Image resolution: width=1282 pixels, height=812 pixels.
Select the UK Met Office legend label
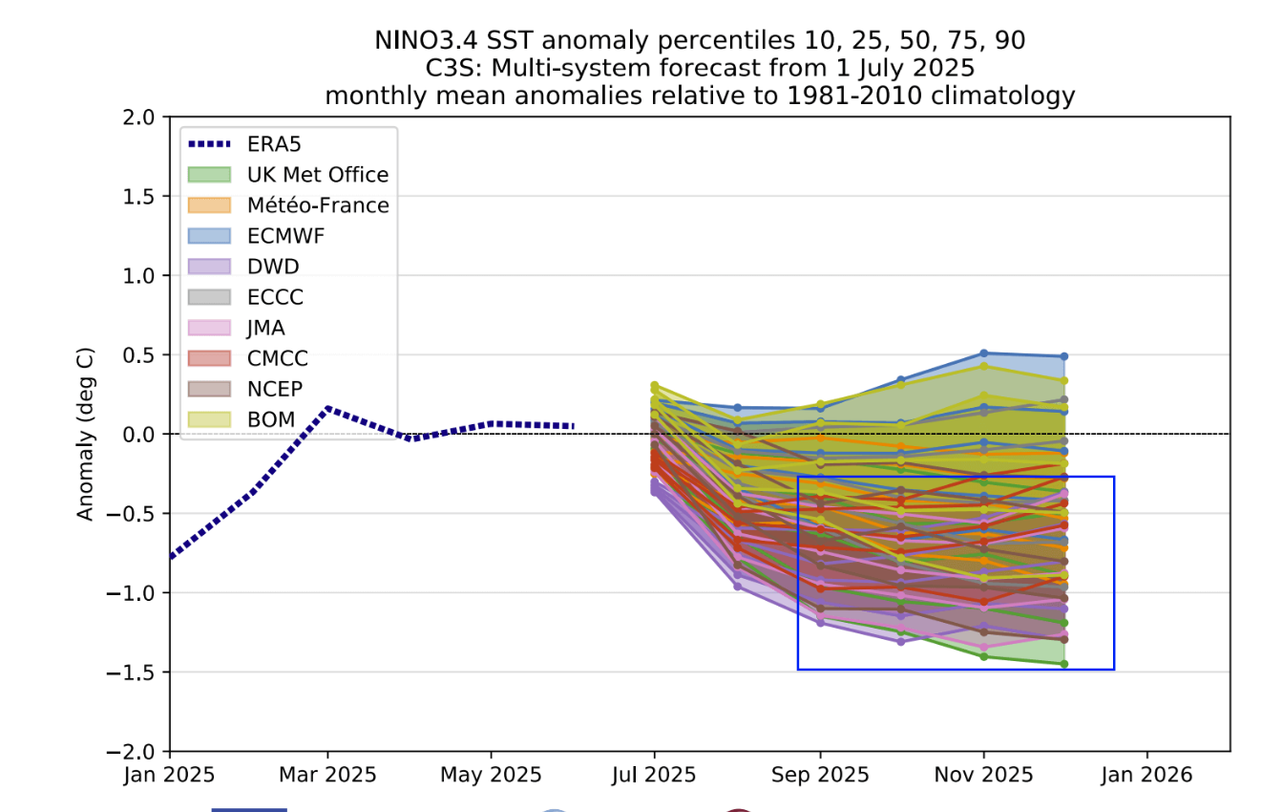tap(317, 175)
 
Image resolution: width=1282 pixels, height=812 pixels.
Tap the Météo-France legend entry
tap(317, 205)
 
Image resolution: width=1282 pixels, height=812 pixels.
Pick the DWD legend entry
tap(273, 267)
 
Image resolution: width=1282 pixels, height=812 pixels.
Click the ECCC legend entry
tap(275, 297)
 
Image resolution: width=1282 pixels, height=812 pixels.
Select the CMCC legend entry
tap(277, 358)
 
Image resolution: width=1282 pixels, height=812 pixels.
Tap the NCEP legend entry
tap(275, 389)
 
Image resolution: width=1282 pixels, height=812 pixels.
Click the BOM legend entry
tap(270, 417)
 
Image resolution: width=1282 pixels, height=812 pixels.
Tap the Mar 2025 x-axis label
tap(327, 774)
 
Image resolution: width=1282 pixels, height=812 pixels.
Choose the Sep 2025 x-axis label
tap(819, 774)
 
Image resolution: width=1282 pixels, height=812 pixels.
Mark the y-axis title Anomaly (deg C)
tap(86, 435)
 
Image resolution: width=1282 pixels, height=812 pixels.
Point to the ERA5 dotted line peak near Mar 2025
tap(327, 409)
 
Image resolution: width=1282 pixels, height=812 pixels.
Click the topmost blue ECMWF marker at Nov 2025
tap(983, 353)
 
